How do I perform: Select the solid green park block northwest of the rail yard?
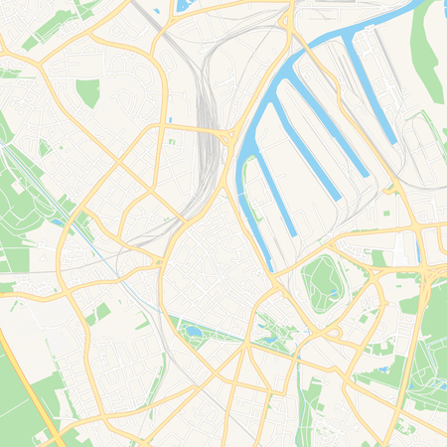coord(88,92)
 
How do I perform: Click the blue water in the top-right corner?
coord(407,10)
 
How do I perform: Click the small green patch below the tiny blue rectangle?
coord(170,141)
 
